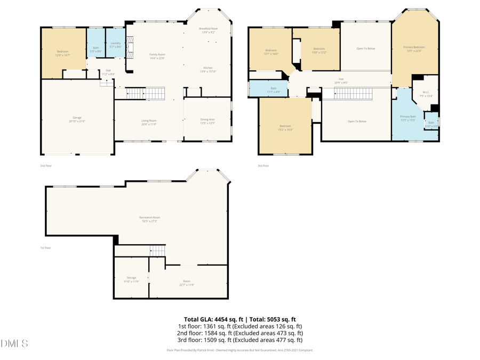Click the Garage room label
click(77, 119)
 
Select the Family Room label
click(157, 57)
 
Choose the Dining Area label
click(207, 121)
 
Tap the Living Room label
click(149, 122)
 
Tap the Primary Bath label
click(408, 117)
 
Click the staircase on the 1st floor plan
click(158, 250)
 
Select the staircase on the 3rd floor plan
click(353, 94)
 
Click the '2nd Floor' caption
click(46, 166)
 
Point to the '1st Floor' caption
click(46, 248)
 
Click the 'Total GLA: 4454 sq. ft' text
click(210, 319)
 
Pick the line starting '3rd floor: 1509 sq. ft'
click(240, 340)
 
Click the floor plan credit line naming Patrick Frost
click(240, 350)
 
